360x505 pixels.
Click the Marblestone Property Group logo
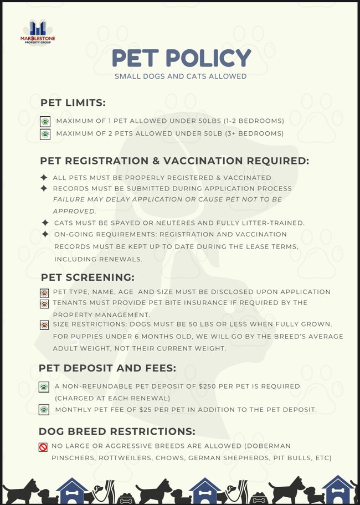38,32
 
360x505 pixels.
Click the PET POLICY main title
181,58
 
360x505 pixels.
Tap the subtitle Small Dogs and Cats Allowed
181,76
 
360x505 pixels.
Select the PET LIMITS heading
73,102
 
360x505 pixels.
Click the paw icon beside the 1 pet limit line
45,121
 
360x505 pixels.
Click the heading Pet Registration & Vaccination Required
174,161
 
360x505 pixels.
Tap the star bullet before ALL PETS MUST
44,178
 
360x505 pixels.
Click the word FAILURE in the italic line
69,199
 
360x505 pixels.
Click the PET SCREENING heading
88,277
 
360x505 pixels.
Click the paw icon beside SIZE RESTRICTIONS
44,324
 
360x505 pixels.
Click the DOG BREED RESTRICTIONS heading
116,431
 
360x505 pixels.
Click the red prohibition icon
43,447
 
